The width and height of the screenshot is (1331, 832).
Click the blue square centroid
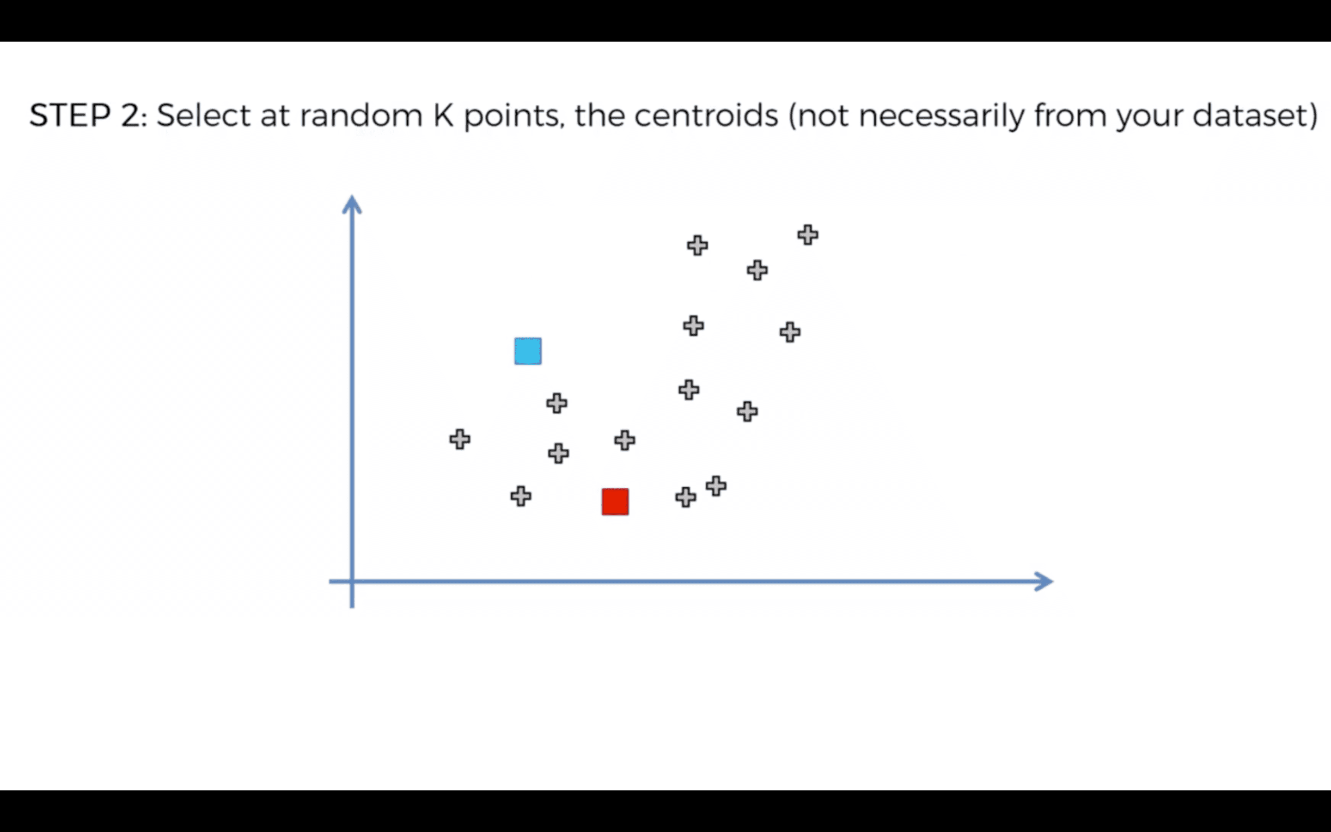[528, 351]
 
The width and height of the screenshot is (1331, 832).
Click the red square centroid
[615, 502]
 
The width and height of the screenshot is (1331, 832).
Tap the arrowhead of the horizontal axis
[1044, 581]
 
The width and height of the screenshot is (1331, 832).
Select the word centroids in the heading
[706, 116]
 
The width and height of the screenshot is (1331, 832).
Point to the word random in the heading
[361, 116]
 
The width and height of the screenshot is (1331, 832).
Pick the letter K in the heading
[443, 116]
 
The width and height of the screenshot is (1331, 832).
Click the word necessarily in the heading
[941, 116]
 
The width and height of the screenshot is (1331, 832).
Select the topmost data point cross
[808, 235]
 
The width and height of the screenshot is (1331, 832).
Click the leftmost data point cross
[460, 439]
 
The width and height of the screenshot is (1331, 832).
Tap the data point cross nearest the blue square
[556, 404]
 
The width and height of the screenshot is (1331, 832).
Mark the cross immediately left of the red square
[521, 496]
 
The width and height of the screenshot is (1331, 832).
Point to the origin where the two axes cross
[352, 581]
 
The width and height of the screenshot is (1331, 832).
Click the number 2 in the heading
[130, 116]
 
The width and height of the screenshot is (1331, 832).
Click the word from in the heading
[1070, 116]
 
